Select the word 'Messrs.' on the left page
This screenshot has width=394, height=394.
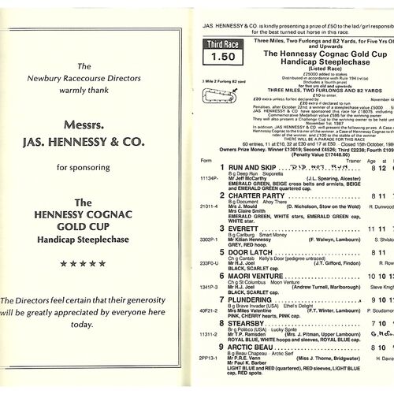96,147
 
